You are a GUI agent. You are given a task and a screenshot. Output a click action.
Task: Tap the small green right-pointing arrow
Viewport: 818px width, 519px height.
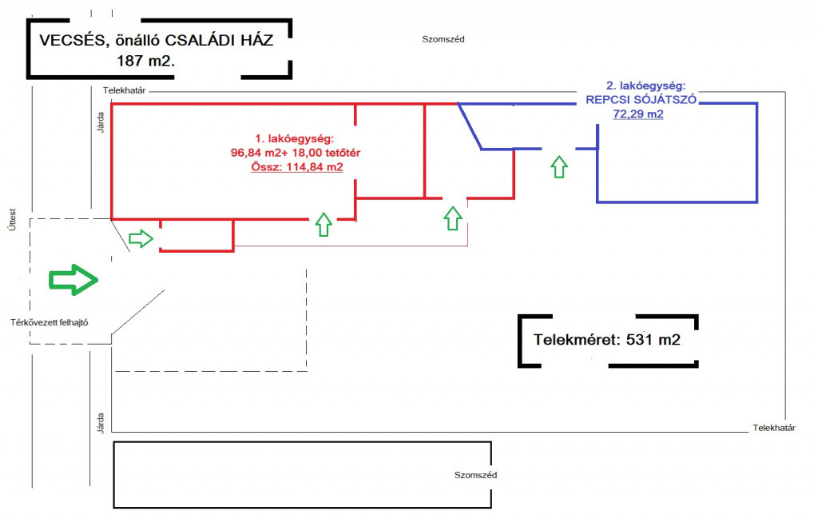[x=141, y=238]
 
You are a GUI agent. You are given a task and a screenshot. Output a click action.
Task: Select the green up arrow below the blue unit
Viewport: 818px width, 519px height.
[x=559, y=167]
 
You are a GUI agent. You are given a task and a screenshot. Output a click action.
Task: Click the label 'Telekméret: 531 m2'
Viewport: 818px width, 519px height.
[x=606, y=340]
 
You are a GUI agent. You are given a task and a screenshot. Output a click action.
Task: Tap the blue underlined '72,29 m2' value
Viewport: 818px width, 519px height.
[x=637, y=114]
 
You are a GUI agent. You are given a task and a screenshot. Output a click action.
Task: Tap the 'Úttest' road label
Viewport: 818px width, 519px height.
[x=12, y=215]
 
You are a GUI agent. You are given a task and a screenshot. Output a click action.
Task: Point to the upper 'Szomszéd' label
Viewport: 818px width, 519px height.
[x=443, y=38]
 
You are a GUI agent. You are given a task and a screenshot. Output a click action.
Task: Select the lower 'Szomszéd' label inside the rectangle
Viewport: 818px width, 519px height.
[x=476, y=475]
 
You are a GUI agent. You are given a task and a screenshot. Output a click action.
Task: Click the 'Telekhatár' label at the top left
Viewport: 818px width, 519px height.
[x=123, y=90]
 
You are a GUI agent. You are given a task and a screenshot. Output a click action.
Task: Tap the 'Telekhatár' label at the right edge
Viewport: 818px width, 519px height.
[x=773, y=428]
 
